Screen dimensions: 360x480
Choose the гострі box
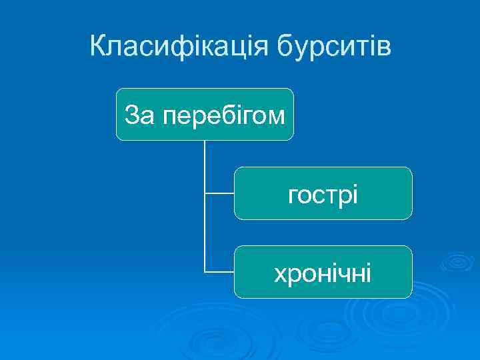tap(323, 193)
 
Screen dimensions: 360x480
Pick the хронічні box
tap(323, 272)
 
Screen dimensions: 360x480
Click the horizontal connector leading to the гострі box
tap(219, 193)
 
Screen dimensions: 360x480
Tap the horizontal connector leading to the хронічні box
tap(219, 272)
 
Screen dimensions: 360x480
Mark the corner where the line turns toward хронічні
tap(205, 272)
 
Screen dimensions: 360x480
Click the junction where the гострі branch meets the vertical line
tap(205, 193)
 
